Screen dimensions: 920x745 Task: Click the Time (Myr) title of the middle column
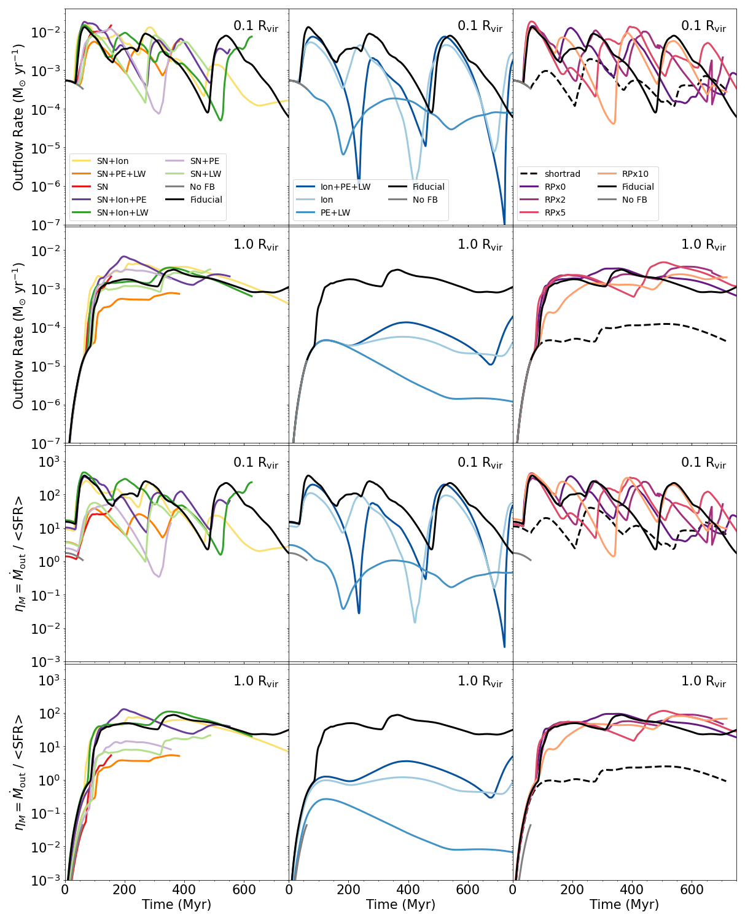coord(400,905)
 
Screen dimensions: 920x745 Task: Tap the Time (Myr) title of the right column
coord(624,905)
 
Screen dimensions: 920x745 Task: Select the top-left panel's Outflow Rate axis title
coord(18,117)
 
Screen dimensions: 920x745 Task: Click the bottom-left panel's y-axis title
coord(18,772)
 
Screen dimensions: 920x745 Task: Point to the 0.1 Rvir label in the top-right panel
coord(703,26)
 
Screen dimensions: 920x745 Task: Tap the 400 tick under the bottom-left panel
coord(184,889)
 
